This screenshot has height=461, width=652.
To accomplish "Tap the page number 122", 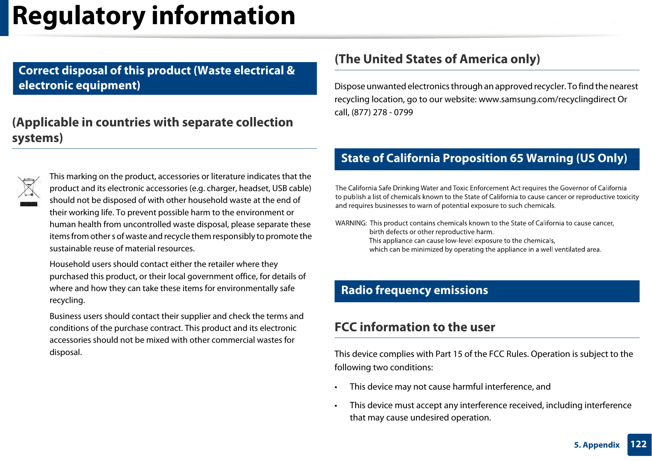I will (639, 444).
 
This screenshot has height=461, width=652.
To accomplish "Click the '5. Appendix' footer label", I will (597, 445).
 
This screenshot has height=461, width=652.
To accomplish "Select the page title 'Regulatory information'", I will (154, 16).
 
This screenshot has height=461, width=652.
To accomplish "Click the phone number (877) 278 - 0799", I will (382, 112).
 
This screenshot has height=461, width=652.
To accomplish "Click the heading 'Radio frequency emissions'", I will (414, 290).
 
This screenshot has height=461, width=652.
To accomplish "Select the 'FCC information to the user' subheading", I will (415, 327).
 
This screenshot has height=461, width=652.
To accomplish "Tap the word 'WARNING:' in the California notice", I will (351, 223).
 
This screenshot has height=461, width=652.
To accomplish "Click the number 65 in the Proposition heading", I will (516, 158).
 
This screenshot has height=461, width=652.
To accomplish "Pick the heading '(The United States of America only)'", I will (437, 59).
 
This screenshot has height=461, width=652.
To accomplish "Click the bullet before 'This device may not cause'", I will (336, 387).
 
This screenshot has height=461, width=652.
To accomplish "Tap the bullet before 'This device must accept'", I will (336, 406).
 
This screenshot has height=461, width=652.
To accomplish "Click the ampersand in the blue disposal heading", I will (291, 71).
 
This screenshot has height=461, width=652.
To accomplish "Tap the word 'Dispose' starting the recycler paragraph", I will (349, 87).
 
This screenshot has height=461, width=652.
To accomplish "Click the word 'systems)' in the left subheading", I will (38, 138).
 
